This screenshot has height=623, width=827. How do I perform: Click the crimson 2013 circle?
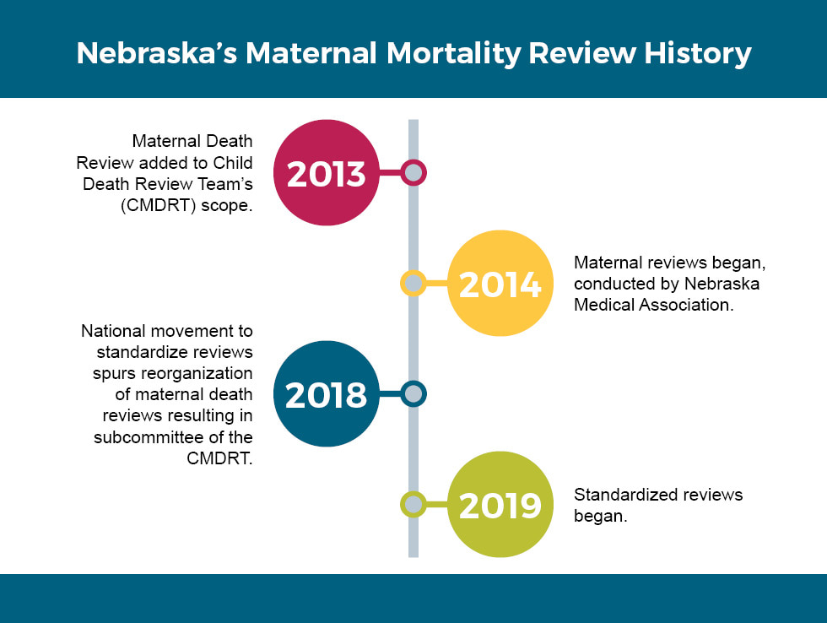[326, 173]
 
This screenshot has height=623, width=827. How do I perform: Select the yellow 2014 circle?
[499, 284]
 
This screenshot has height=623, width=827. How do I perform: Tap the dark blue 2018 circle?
[326, 394]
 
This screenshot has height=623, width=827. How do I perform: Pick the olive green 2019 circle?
[499, 505]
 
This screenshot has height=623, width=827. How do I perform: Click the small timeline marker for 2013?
[413, 173]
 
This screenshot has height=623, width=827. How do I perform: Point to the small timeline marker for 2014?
[413, 284]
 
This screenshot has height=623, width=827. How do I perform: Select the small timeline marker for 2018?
[413, 394]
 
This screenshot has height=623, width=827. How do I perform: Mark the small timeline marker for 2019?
[413, 505]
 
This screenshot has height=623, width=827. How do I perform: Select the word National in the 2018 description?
[113, 331]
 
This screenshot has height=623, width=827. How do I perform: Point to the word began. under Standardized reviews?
[601, 516]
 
